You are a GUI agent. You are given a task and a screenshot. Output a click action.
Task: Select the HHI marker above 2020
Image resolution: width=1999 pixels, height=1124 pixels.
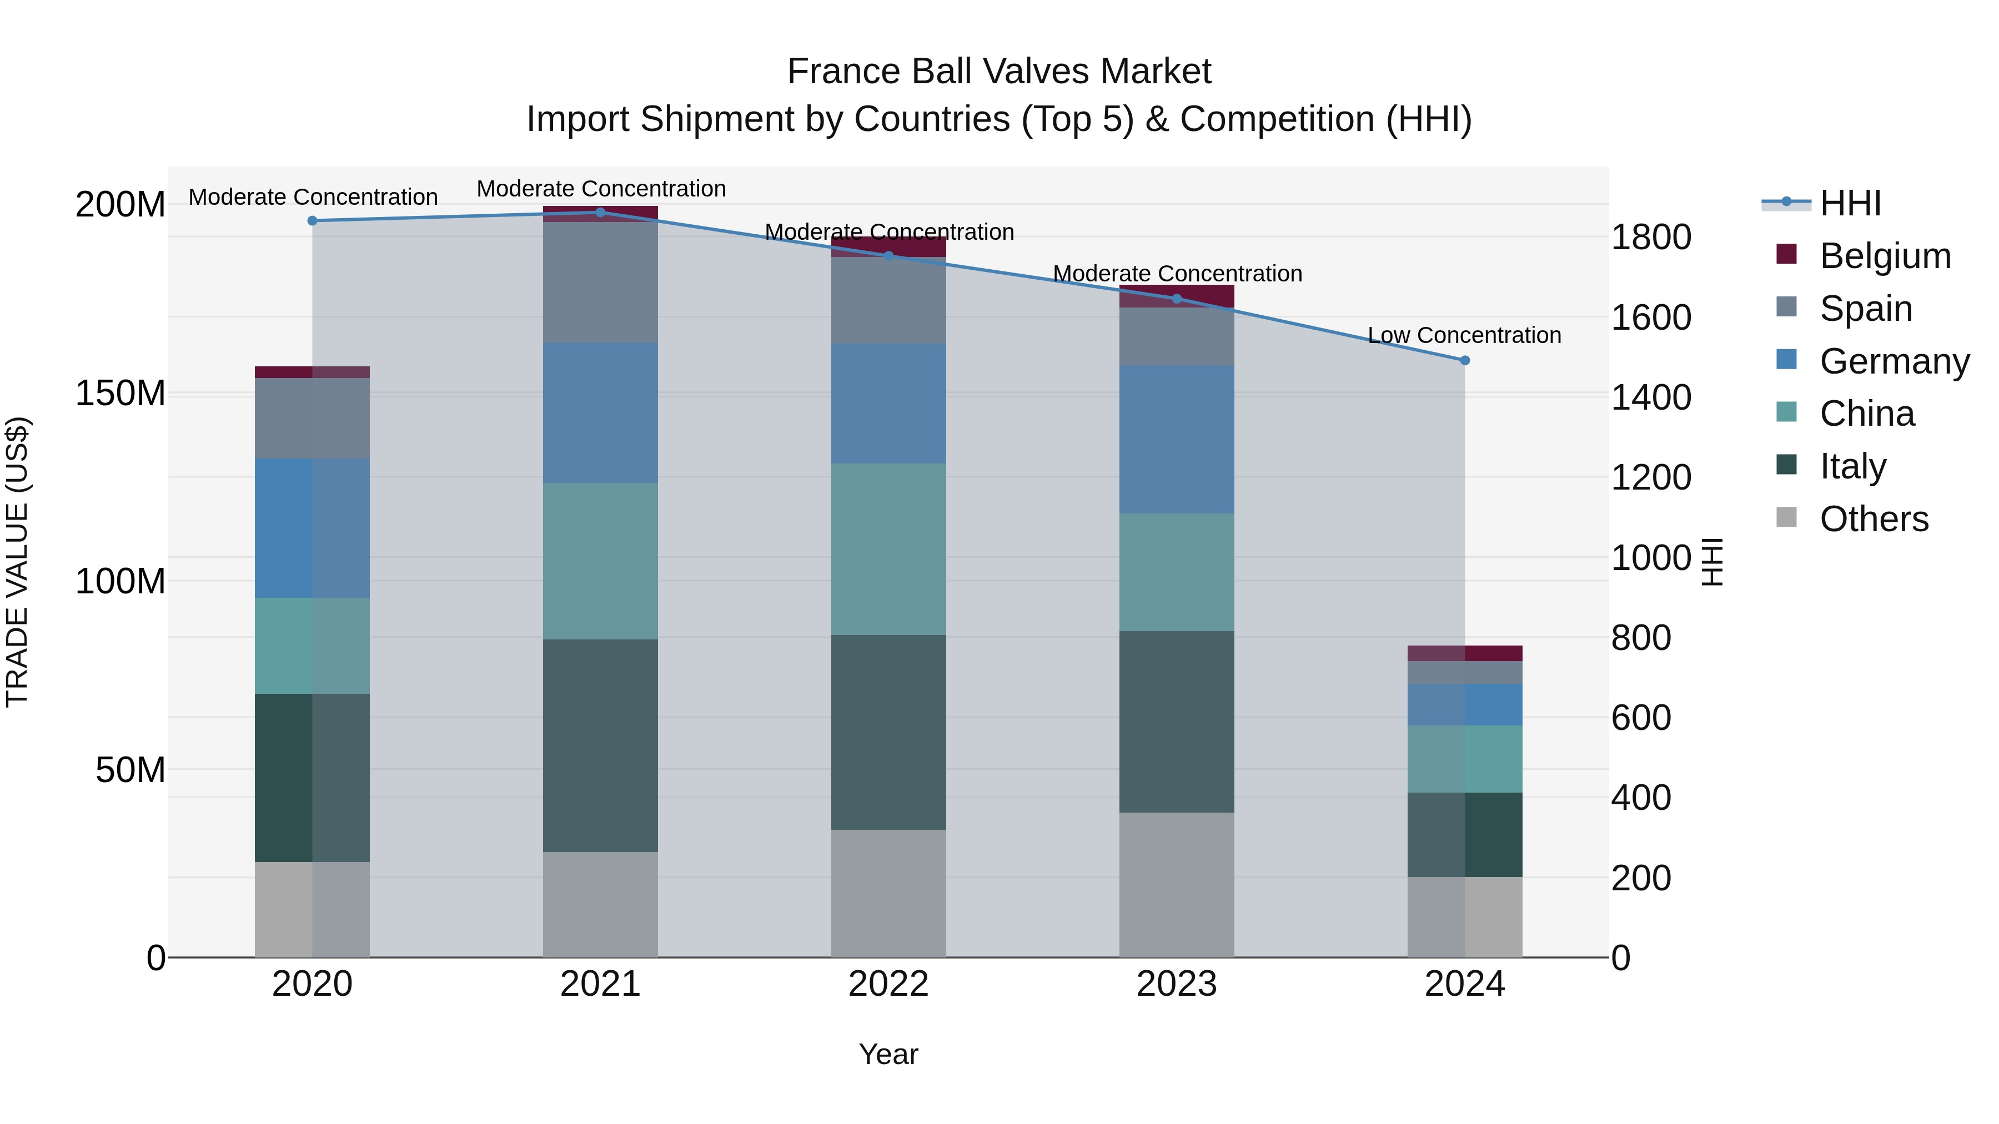313,221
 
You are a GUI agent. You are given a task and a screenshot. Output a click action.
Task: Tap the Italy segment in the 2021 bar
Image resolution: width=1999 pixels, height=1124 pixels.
600,745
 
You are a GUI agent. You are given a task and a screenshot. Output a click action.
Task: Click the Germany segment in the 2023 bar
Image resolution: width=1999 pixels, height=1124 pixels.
1177,439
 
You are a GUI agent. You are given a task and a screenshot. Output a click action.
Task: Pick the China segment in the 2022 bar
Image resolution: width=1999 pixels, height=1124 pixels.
888,549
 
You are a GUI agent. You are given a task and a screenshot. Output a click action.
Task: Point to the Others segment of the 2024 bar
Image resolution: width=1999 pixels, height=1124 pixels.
1464,917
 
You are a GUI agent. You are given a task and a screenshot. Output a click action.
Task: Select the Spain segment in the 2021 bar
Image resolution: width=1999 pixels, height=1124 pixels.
600,283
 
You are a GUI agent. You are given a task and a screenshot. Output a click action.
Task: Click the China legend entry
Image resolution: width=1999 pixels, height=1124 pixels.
1866,414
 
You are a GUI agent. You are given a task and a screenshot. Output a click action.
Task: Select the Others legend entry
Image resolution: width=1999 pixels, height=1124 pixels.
1874,519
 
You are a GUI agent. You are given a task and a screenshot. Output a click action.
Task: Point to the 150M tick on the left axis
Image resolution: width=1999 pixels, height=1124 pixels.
120,394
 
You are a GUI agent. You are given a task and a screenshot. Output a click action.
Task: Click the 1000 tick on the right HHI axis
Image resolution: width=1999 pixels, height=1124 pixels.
1651,558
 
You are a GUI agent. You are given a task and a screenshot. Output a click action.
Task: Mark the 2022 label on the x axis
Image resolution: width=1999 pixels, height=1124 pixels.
888,984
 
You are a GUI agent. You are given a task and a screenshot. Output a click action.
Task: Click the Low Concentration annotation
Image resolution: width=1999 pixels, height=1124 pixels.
1464,335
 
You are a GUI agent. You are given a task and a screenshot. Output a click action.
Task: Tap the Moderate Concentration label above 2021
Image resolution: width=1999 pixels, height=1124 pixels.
601,189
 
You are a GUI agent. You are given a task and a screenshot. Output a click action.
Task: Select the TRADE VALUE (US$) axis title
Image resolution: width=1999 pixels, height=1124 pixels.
17,562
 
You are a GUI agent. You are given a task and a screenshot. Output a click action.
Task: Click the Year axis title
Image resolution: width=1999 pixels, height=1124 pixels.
888,1054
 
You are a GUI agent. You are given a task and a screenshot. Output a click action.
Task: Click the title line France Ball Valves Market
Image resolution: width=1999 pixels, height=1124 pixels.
999,72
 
